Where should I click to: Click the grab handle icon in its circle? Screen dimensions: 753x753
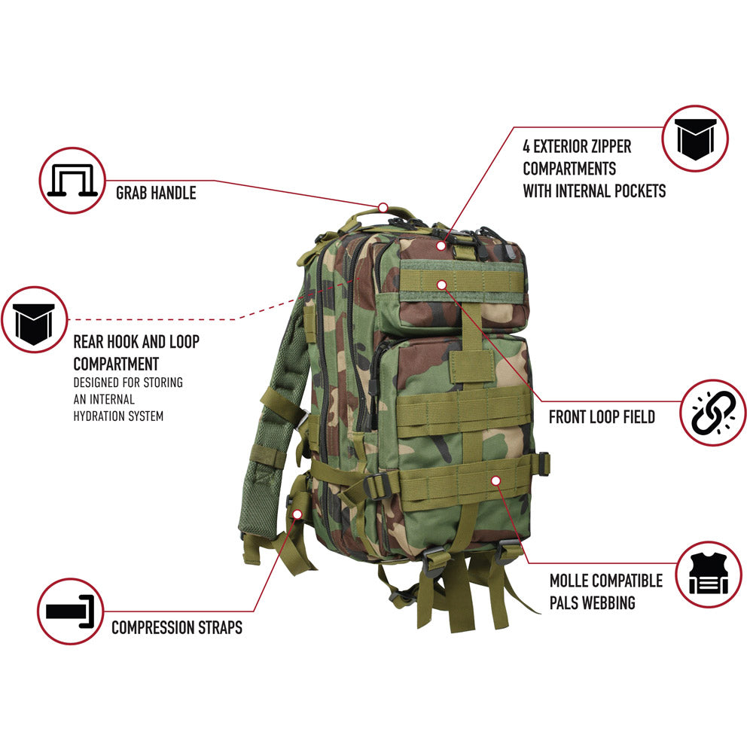click(x=71, y=180)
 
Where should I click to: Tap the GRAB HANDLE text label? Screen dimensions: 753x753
click(x=156, y=193)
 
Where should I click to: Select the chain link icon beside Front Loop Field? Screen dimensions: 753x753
click(x=712, y=413)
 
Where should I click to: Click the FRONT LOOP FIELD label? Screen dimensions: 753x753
click(x=602, y=416)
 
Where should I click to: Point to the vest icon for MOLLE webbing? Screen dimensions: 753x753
click(x=708, y=575)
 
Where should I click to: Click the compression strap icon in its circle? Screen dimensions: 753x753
click(x=70, y=611)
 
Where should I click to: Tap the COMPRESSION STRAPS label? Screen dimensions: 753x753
click(x=177, y=626)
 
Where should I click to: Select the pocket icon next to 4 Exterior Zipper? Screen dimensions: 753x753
click(x=695, y=139)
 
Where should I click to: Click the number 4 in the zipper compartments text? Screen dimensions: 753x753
click(x=526, y=145)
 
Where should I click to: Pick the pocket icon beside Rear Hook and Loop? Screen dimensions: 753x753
click(x=35, y=319)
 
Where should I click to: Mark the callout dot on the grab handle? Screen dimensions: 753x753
click(x=383, y=206)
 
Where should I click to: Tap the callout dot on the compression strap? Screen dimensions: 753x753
click(x=297, y=514)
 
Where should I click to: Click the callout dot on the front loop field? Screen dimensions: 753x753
click(x=442, y=285)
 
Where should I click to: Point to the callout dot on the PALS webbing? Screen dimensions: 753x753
click(x=495, y=480)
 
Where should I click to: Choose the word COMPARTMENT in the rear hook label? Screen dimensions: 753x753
click(x=116, y=363)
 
